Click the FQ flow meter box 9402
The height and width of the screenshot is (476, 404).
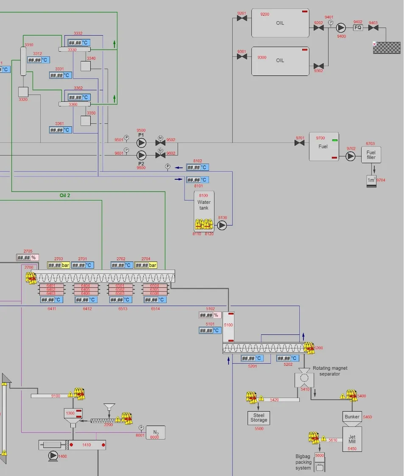coord(358,28)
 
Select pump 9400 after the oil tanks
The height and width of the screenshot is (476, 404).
coord(341,28)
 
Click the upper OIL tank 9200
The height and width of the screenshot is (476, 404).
coord(280,23)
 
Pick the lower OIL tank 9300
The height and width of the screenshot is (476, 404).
coord(280,61)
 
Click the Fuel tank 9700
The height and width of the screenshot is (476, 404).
coord(324,147)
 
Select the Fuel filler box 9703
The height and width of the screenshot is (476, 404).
coord(371,155)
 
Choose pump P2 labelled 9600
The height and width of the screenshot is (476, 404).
coord(141,155)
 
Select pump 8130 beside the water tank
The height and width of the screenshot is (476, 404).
coord(222,225)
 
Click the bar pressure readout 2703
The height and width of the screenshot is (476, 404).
coord(59,265)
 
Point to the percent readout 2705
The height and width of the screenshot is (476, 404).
coord(27,258)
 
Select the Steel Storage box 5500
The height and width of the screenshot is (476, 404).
coord(259,418)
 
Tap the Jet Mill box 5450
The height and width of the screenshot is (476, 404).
coord(352,439)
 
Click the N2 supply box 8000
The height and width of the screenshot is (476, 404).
coord(156,433)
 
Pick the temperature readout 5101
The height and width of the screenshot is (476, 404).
coord(210,331)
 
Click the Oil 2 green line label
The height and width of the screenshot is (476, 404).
coord(65,195)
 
